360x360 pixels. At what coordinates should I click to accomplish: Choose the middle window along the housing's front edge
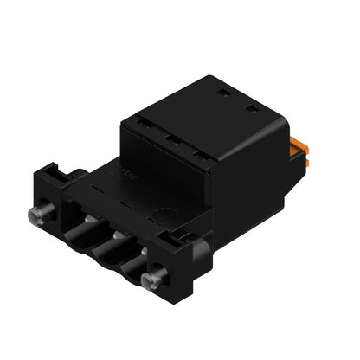pos(172,140)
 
